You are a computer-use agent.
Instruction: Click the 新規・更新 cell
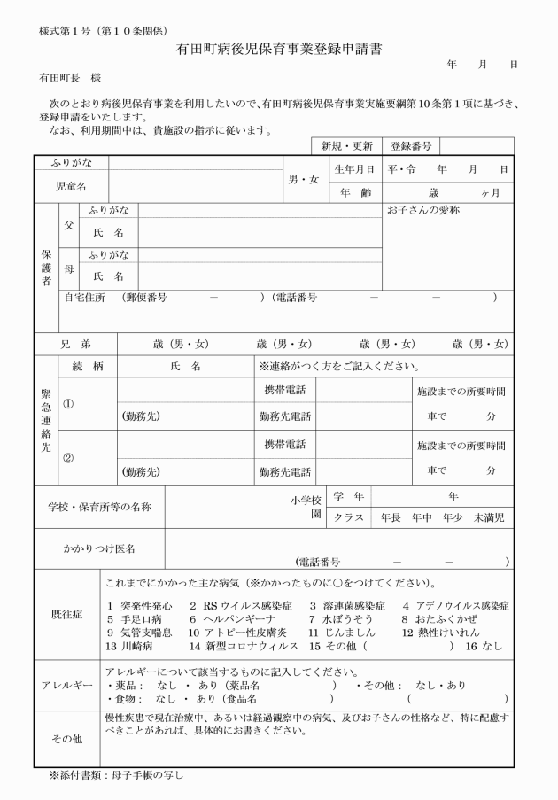[x=347, y=145]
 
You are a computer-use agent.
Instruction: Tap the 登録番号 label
[x=410, y=145]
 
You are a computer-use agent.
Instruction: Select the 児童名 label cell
[x=71, y=186]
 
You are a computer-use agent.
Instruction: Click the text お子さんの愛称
[x=423, y=211]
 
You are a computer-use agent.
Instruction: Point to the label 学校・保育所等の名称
[x=99, y=507]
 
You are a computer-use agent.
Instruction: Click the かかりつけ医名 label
[x=99, y=549]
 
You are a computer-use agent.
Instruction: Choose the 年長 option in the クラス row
[x=391, y=517]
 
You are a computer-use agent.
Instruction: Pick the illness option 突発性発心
[x=138, y=606]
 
